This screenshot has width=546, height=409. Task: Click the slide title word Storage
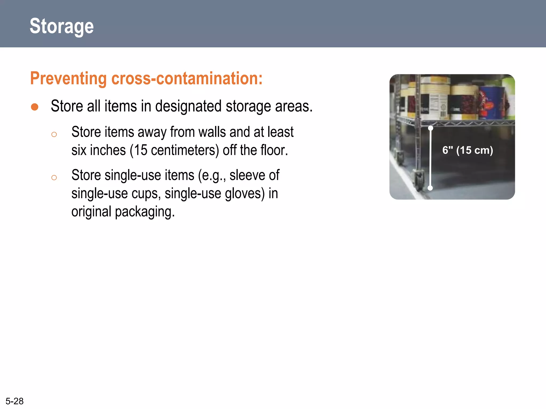tap(62, 26)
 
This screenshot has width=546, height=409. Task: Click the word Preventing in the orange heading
tap(69, 78)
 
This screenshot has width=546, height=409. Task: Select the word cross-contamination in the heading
tap(187, 78)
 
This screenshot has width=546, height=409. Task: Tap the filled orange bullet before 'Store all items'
tap(35, 107)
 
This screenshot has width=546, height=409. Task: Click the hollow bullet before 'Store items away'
tap(54, 134)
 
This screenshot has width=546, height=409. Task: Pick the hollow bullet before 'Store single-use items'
tap(54, 178)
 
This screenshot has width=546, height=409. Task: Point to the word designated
tap(188, 106)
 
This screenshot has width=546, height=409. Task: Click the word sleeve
tap(247, 175)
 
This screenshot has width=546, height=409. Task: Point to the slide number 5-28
tap(15, 401)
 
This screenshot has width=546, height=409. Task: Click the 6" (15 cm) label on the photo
tap(468, 150)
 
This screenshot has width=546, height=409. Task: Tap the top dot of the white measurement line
tap(431, 128)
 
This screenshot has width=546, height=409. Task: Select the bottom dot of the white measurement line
tap(430, 188)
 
